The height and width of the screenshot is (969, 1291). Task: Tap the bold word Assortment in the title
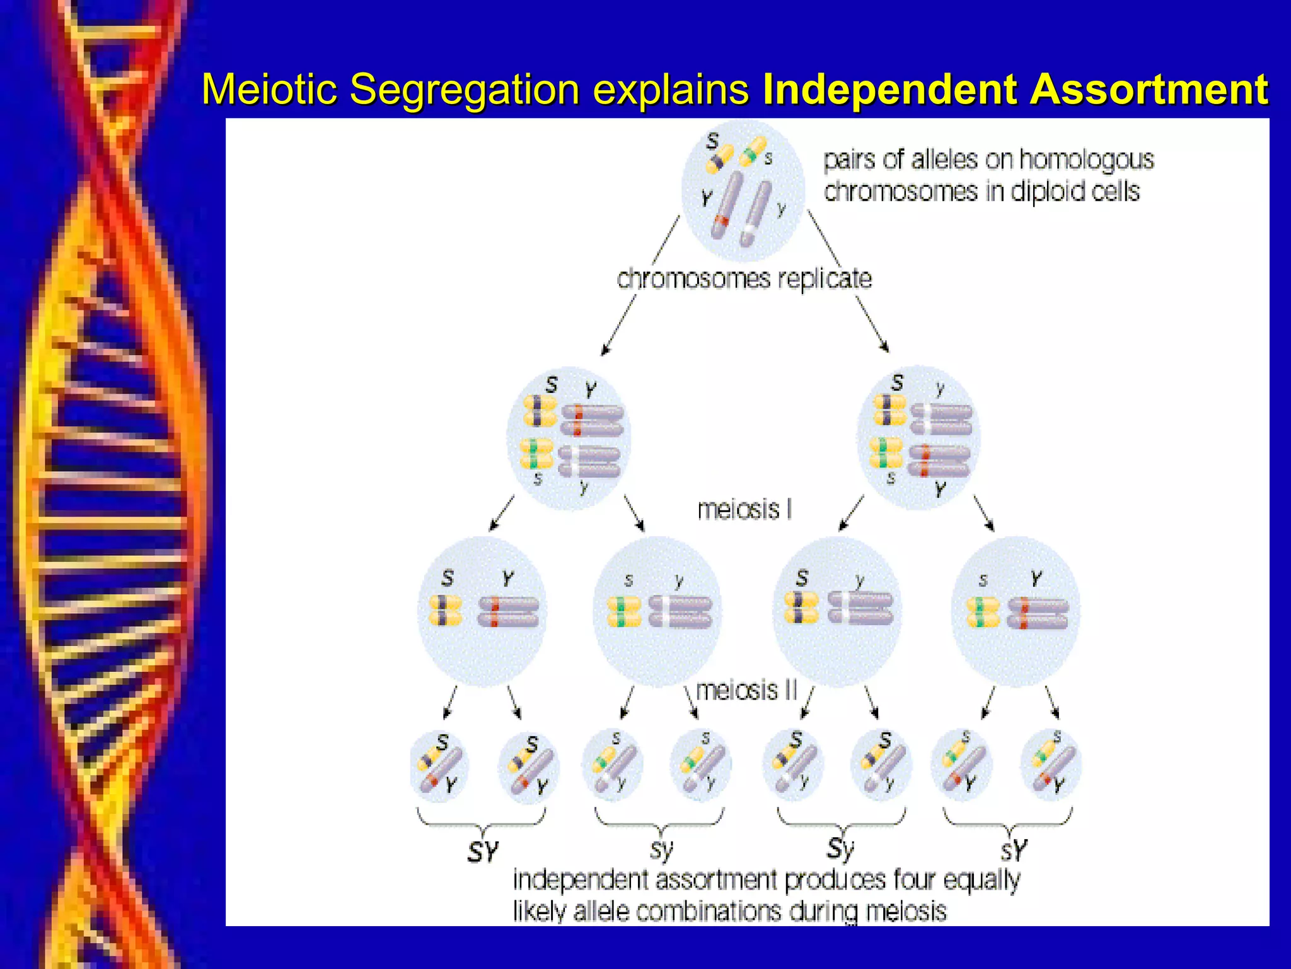[1149, 89]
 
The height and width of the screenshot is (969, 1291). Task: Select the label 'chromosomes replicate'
[744, 278]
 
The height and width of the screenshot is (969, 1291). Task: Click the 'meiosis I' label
[744, 509]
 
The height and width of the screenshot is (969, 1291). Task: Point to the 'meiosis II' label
[746, 690]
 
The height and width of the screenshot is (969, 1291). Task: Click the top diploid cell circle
[744, 189]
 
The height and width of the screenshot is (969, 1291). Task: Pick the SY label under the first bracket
[483, 852]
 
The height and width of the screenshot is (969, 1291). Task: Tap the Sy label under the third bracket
[840, 849]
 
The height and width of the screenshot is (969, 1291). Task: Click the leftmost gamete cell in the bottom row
[439, 766]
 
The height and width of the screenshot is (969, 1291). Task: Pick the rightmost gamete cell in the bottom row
[1050, 765]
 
